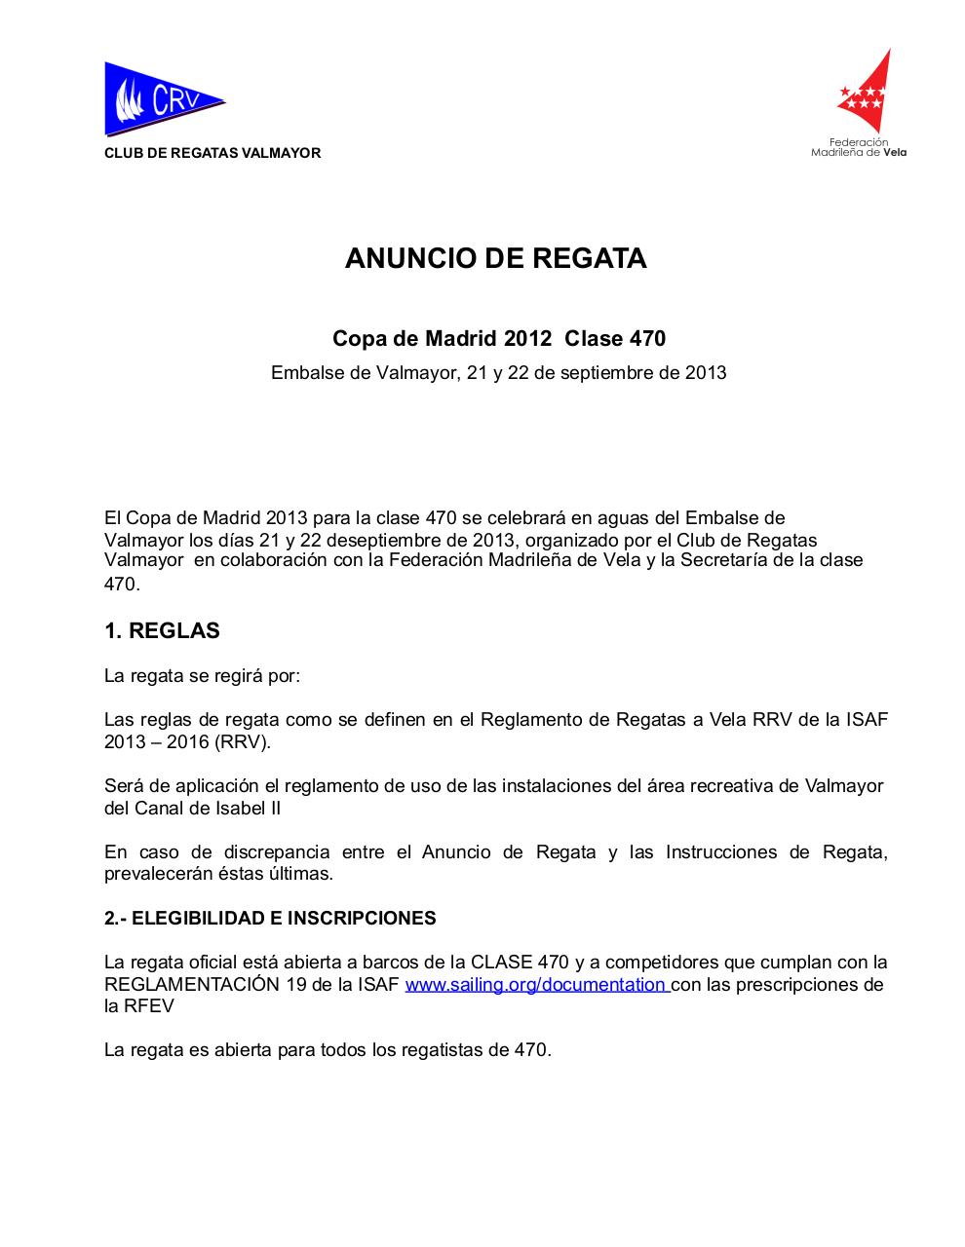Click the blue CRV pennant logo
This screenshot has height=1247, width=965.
coord(163,98)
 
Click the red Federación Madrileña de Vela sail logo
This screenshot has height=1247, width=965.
coord(865,93)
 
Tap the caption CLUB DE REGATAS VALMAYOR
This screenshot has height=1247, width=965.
coord(212,153)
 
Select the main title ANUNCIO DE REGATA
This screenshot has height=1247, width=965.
coord(495,258)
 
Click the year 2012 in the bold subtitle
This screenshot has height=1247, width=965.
coord(528,339)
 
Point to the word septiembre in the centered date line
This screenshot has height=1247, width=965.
coord(582,372)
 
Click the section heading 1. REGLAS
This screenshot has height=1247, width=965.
coord(162,630)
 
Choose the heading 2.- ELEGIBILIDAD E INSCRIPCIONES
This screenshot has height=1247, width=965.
coord(270,918)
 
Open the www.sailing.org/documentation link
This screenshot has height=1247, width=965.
coord(535,984)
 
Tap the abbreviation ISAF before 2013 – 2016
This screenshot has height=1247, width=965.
coord(867,720)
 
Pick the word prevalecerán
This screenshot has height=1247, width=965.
coord(156,874)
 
